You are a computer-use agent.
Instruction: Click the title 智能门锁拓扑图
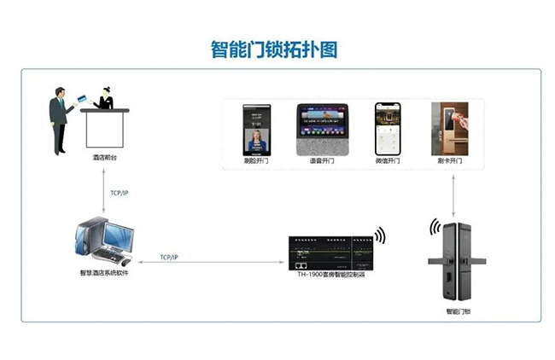coord(274,49)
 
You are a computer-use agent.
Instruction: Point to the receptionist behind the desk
coord(106,98)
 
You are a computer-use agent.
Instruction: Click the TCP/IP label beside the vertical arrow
coord(120,194)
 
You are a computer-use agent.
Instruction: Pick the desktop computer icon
coord(103,242)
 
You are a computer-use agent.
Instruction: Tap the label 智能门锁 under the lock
coord(459,312)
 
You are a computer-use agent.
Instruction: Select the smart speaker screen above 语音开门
coord(324,129)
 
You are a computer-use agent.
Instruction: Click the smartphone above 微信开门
coord(388,129)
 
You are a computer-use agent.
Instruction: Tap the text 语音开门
coord(324,161)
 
